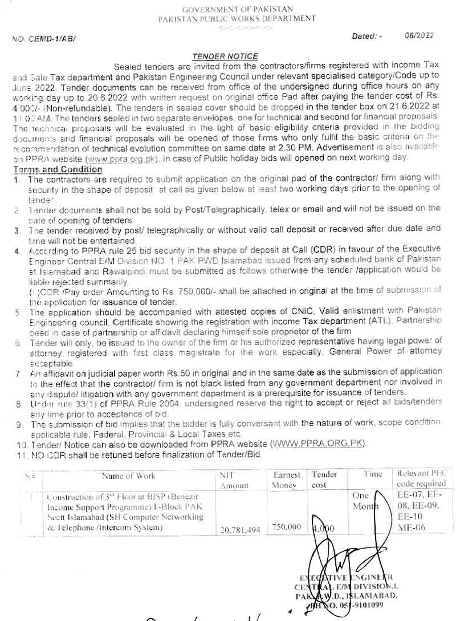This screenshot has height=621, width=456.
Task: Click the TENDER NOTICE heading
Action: pyautogui.click(x=225, y=56)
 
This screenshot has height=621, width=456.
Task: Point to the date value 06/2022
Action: pyautogui.click(x=420, y=35)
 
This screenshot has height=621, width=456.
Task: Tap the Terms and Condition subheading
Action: pyautogui.click(x=58, y=169)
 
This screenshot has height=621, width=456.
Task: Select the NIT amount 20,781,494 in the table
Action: pyautogui.click(x=239, y=530)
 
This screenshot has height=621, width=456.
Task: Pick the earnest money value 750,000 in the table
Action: pyautogui.click(x=286, y=527)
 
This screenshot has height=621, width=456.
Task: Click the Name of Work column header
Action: pyautogui.click(x=128, y=476)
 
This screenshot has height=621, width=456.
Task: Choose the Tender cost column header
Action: pyautogui.click(x=324, y=480)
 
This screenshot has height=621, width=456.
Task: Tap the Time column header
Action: pyautogui.click(x=373, y=474)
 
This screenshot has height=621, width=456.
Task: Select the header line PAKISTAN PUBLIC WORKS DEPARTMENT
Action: pyautogui.click(x=237, y=18)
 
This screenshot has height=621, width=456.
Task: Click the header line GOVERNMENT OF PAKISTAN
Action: pyautogui.click(x=237, y=9)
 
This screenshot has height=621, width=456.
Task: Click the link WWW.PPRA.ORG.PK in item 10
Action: pyautogui.click(x=319, y=443)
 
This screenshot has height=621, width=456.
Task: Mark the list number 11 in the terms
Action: pyautogui.click(x=22, y=454)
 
